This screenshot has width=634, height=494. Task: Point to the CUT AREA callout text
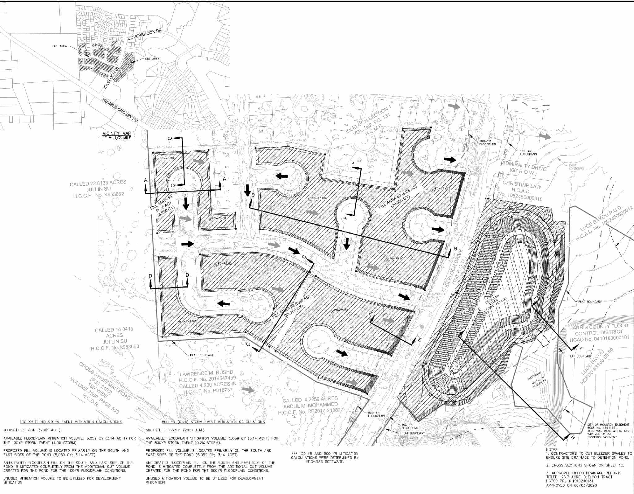(152, 59)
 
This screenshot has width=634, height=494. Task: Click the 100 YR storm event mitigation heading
(71, 422)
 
